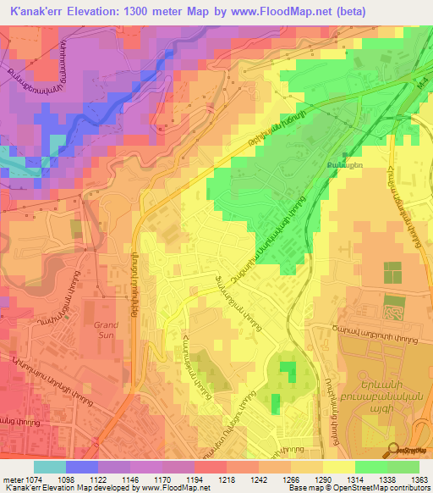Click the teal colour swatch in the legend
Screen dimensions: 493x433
click(x=49, y=467)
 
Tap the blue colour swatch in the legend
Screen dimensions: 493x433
click(x=81, y=467)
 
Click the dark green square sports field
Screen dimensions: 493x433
click(x=392, y=273)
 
